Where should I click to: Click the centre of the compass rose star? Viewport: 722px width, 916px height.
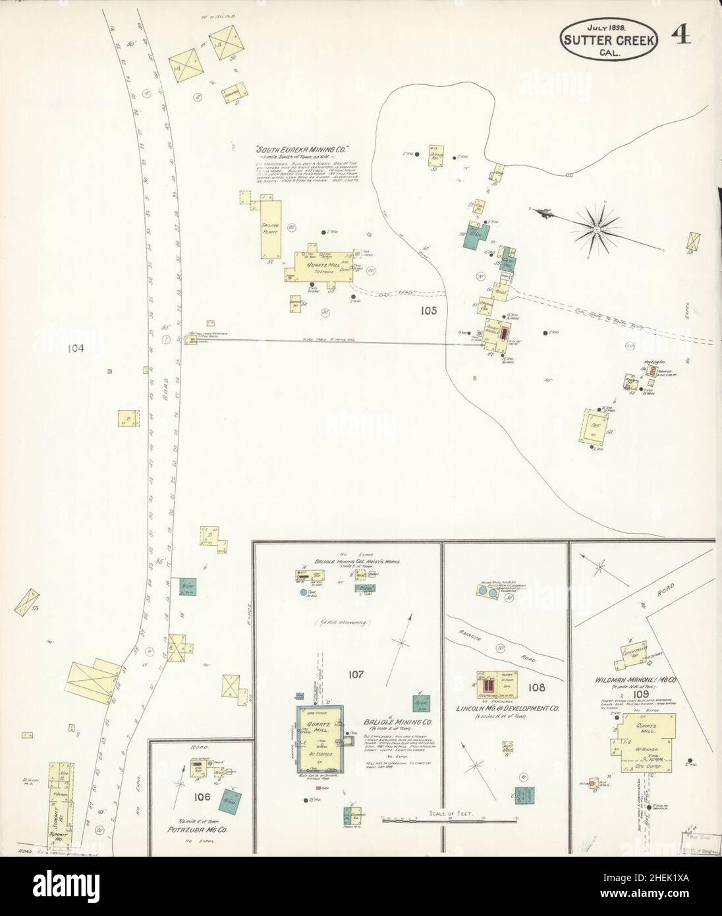(x=596, y=228)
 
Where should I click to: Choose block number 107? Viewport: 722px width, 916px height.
(x=356, y=674)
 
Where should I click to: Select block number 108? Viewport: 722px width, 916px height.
(x=536, y=687)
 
